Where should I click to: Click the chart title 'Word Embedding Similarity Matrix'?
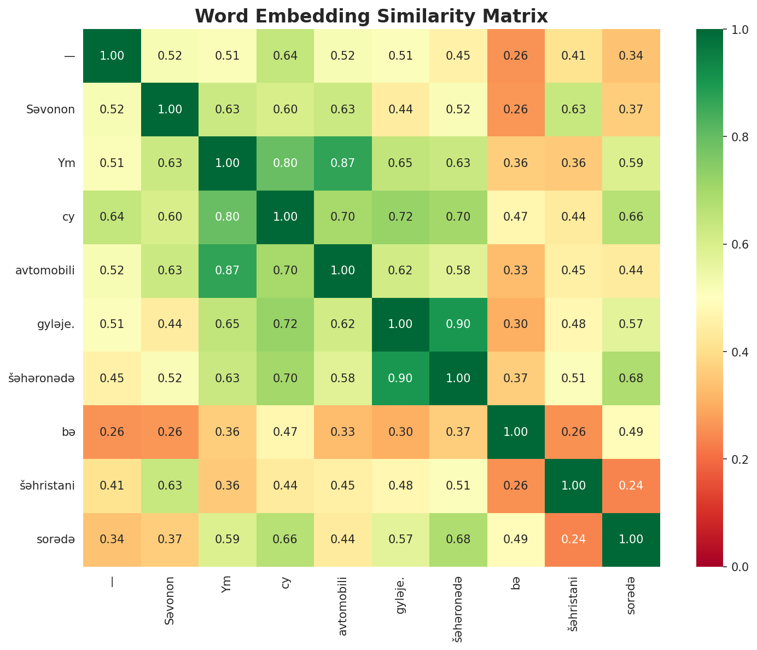click(371, 16)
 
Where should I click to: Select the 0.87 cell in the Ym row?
click(342, 163)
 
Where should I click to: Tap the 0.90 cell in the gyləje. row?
click(458, 324)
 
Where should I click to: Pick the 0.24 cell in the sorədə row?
click(573, 539)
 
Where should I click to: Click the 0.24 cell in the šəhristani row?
click(631, 485)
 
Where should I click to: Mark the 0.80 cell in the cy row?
click(227, 216)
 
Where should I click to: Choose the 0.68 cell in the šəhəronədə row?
click(631, 378)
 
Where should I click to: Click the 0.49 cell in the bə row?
click(631, 432)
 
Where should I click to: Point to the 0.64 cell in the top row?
click(285, 55)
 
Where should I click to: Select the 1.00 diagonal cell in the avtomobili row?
click(342, 270)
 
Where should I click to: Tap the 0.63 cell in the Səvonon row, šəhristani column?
click(573, 109)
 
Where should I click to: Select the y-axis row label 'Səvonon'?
click(50, 109)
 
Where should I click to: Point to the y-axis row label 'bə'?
click(69, 432)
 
